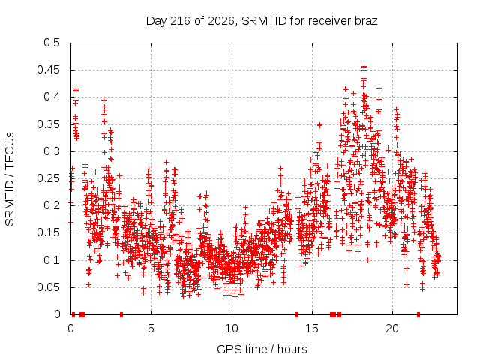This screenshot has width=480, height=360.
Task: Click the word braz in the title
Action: coord(366,21)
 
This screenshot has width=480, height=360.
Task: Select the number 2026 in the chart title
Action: coord(221,21)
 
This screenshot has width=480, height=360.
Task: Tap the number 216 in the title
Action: coord(180,21)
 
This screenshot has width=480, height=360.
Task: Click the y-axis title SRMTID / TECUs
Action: coord(10,179)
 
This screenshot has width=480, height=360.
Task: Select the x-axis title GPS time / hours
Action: coord(262,349)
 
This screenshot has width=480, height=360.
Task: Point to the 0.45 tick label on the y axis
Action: coord(48,70)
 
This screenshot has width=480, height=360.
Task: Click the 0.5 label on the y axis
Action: coord(52,43)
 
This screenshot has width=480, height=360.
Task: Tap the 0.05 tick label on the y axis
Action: coord(48,287)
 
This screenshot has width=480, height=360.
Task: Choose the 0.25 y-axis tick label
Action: coord(48,178)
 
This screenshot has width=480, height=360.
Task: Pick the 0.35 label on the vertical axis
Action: coord(48,124)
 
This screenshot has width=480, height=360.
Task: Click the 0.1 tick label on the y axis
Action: coord(52,260)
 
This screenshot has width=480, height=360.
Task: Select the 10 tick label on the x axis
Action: coord(232,328)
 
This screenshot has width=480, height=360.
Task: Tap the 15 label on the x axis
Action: coord(312,328)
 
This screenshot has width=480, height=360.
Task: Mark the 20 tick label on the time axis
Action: coord(392,328)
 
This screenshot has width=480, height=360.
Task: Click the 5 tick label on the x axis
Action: coord(151,328)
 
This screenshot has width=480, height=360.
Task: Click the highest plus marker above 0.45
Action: coord(364,66)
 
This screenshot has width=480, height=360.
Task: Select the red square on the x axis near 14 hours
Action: coord(297,314)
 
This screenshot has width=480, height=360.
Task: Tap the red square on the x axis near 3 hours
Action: coord(121,314)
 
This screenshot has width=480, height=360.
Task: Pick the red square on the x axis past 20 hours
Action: coord(418,314)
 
